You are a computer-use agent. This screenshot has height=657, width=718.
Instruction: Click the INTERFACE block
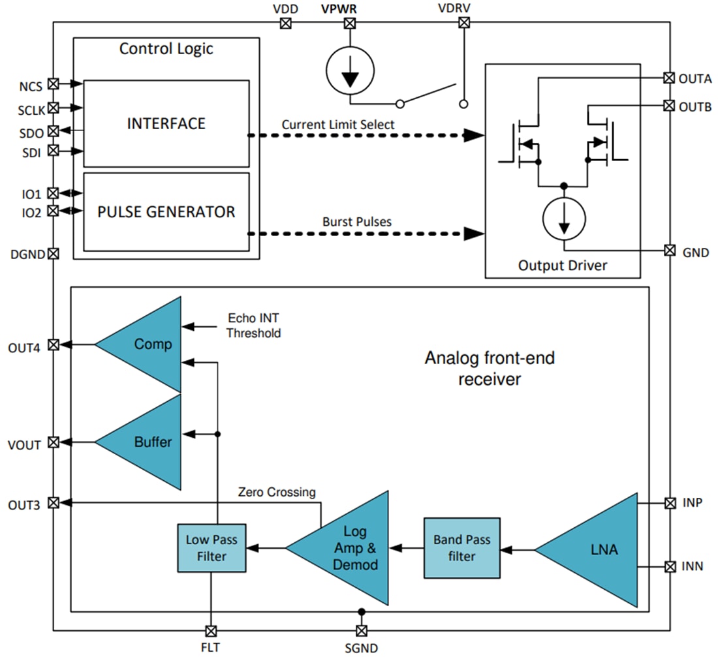pos(166,123)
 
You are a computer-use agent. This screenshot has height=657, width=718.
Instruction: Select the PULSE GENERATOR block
pos(166,212)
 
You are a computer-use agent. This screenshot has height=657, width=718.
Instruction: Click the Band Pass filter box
pos(461,548)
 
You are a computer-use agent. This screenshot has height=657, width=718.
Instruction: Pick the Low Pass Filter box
pos(211,548)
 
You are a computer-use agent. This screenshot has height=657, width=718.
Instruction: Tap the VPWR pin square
pos(350,23)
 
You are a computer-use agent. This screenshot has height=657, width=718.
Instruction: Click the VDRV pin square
pos(464,23)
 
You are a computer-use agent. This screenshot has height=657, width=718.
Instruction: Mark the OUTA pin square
pos(669,78)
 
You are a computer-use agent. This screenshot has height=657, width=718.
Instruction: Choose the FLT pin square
pos(211,631)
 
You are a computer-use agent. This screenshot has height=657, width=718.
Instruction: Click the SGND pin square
pos(361,631)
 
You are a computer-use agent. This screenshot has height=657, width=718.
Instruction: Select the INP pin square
pos(669,503)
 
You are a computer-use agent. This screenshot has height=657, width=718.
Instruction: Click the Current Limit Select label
pos(338,124)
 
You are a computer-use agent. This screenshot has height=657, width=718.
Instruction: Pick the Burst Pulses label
pos(357,222)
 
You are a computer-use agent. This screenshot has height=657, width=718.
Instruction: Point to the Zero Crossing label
pos(277,492)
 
